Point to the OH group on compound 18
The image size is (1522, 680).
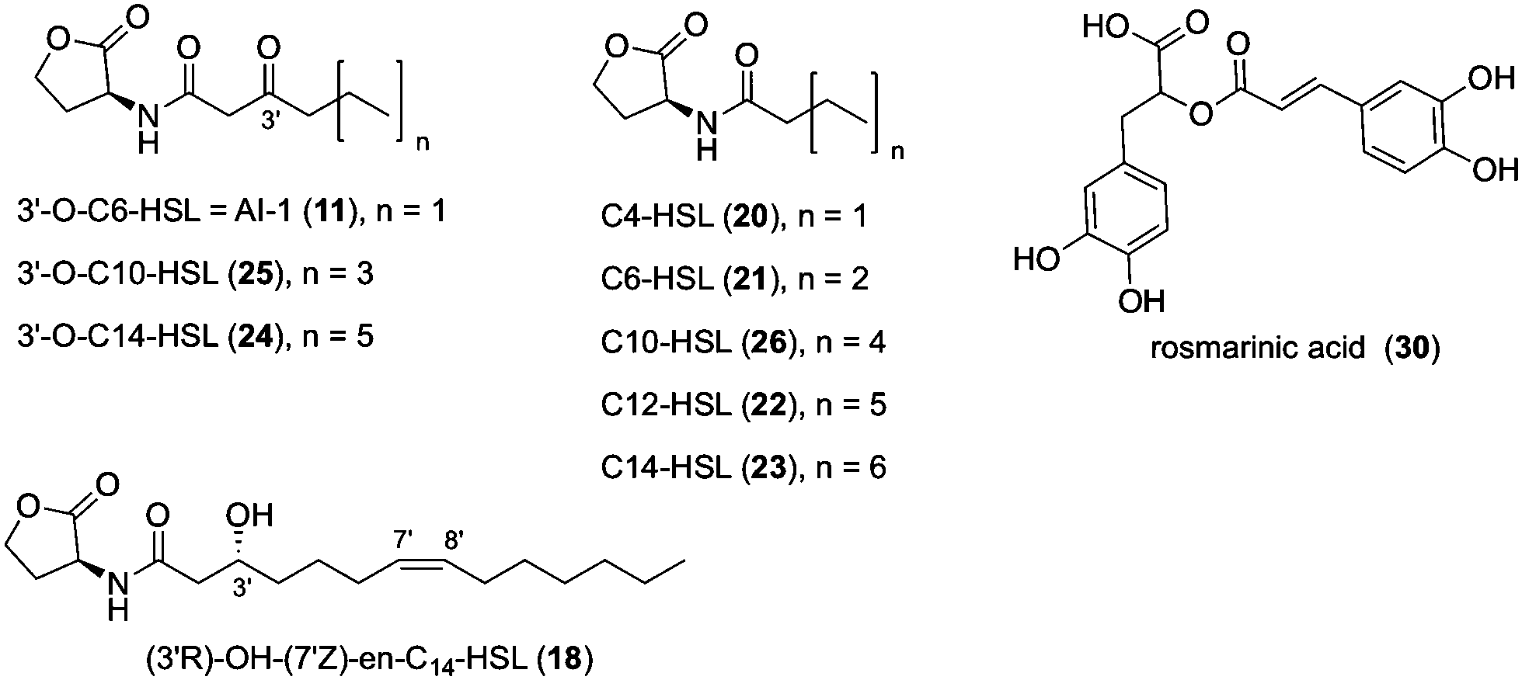point(249,516)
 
